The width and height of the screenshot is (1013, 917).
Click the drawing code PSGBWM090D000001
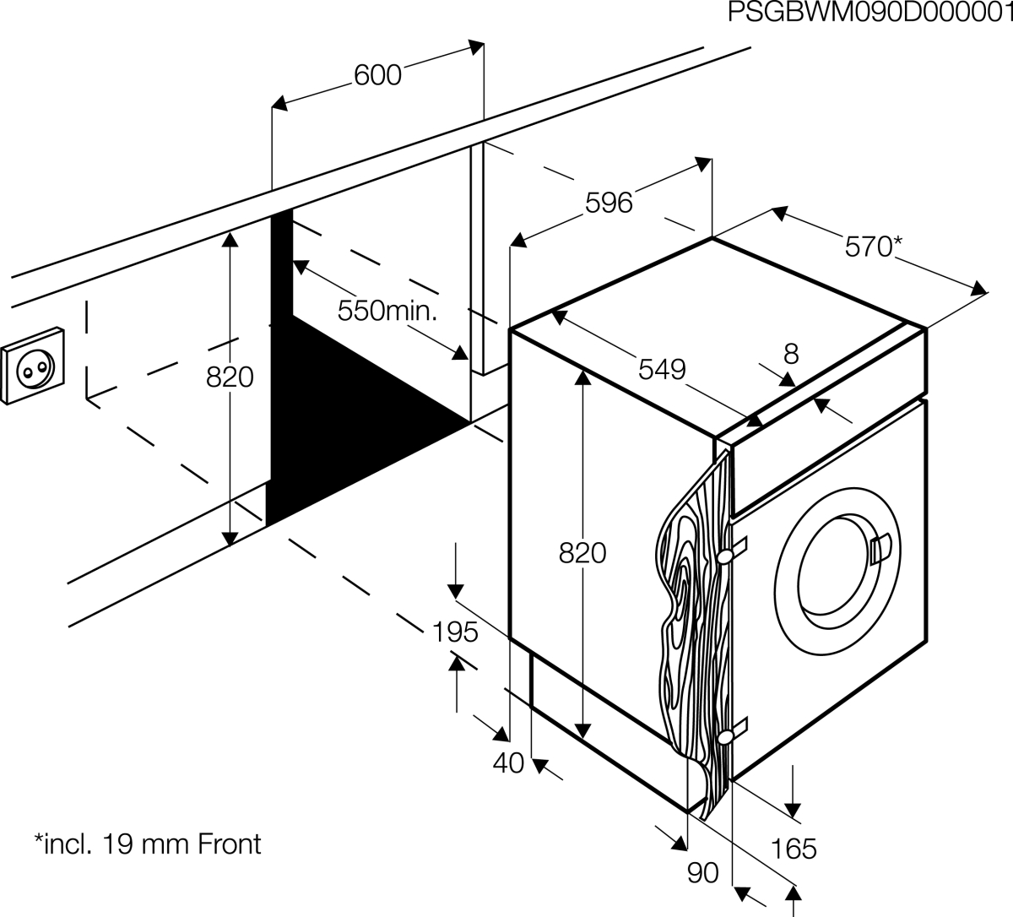tap(870, 14)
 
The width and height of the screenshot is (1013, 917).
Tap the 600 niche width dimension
tap(377, 75)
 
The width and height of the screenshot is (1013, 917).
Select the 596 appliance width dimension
tap(609, 203)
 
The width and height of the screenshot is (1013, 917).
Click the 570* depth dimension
tap(873, 247)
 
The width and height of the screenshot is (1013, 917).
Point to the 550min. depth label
tap(387, 311)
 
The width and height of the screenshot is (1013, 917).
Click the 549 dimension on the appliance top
tap(662, 369)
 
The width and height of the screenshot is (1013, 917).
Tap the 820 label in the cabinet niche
tap(230, 377)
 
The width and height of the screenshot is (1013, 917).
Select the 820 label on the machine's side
tap(582, 553)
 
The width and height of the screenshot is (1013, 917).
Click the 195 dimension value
tap(455, 632)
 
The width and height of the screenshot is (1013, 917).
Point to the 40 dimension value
tap(508, 763)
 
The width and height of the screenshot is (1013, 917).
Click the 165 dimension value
tap(794, 849)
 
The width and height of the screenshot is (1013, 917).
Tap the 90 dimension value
tap(703, 872)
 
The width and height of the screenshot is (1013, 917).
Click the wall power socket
tap(33, 366)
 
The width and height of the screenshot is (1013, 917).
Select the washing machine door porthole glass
tap(839, 572)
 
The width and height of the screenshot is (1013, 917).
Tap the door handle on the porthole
tap(880, 548)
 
